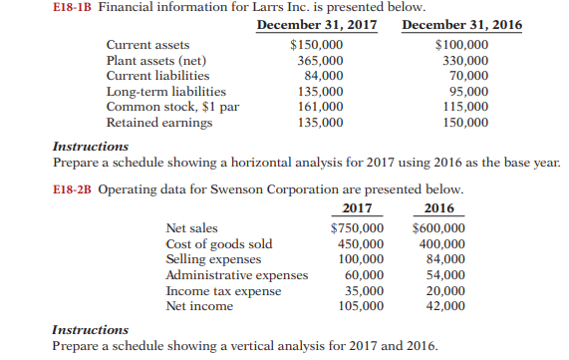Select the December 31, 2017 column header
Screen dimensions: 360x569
tap(316, 24)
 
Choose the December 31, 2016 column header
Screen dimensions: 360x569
tap(461, 24)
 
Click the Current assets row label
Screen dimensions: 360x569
tap(147, 45)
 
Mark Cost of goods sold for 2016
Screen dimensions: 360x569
tap(437, 244)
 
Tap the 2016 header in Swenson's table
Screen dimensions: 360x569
tap(437, 209)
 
